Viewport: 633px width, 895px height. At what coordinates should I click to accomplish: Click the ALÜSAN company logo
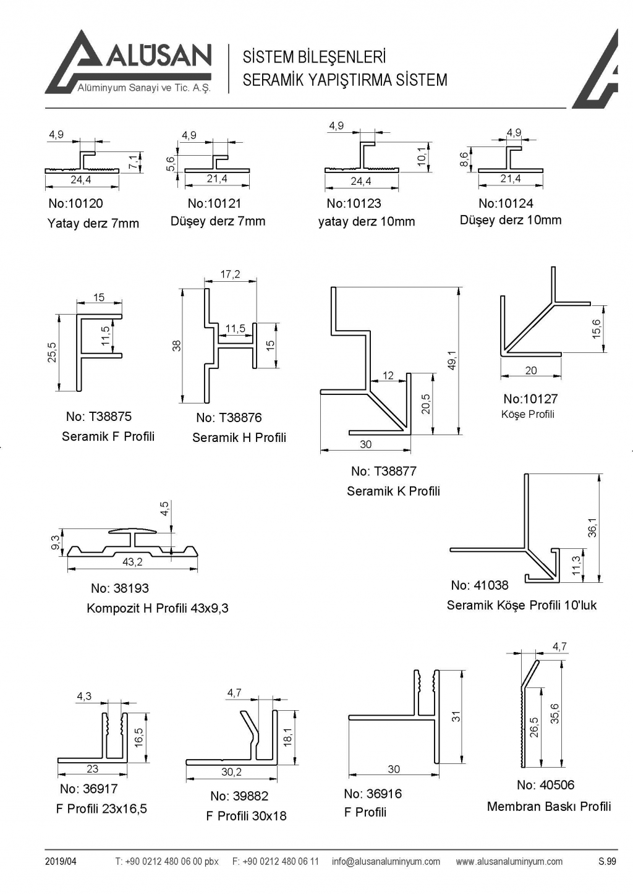129,62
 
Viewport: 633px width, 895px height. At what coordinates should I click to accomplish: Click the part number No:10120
75,203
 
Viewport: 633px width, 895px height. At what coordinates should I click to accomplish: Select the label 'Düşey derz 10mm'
511,220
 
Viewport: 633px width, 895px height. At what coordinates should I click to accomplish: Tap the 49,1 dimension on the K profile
452,360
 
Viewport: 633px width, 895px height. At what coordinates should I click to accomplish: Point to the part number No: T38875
99,417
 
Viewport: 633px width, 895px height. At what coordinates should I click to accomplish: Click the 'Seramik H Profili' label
239,438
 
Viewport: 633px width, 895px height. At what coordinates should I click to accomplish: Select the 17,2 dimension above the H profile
230,274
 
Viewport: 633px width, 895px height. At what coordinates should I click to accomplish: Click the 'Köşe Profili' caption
528,414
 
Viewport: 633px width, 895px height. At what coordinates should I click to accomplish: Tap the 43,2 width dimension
132,562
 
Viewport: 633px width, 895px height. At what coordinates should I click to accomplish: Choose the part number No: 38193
120,588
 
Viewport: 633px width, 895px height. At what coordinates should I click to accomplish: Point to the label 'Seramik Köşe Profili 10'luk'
522,605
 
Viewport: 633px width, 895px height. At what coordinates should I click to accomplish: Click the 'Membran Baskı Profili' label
549,807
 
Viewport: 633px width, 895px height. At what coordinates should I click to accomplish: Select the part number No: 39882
239,796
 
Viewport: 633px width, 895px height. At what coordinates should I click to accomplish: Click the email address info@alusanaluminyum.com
386,862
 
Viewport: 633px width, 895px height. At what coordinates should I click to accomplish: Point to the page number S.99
607,862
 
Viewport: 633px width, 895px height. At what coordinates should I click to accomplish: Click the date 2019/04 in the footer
61,862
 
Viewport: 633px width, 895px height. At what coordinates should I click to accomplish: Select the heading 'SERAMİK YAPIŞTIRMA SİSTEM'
345,80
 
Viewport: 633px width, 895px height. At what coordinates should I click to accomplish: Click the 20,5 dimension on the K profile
426,404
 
